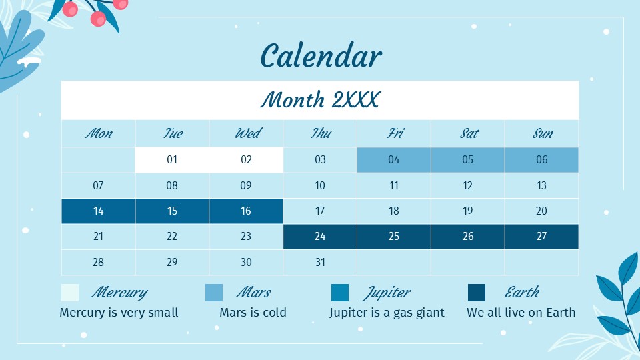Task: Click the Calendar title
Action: pyautogui.click(x=321, y=56)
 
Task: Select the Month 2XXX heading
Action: pyautogui.click(x=320, y=100)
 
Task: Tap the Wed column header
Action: pyautogui.click(x=247, y=133)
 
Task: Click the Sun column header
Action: pyautogui.click(x=542, y=133)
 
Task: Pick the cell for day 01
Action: pyautogui.click(x=172, y=160)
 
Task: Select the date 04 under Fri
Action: pyautogui.click(x=394, y=160)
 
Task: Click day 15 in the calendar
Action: pyautogui.click(x=172, y=211)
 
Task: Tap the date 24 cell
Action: pyautogui.click(x=320, y=237)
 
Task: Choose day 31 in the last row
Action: pyautogui.click(x=320, y=262)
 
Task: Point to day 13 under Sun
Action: pyautogui.click(x=542, y=185)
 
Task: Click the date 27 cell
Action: pyautogui.click(x=542, y=237)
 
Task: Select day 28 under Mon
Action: pyautogui.click(x=98, y=262)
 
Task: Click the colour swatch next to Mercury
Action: pyautogui.click(x=70, y=293)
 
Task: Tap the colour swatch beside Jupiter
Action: pyautogui.click(x=340, y=293)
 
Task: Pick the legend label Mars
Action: pyautogui.click(x=253, y=293)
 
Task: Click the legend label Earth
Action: pyautogui.click(x=522, y=293)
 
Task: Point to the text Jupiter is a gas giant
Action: pyautogui.click(x=387, y=313)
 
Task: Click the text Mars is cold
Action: pyautogui.click(x=253, y=313)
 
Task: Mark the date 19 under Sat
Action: pyautogui.click(x=468, y=211)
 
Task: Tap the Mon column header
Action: pyautogui.click(x=98, y=133)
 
